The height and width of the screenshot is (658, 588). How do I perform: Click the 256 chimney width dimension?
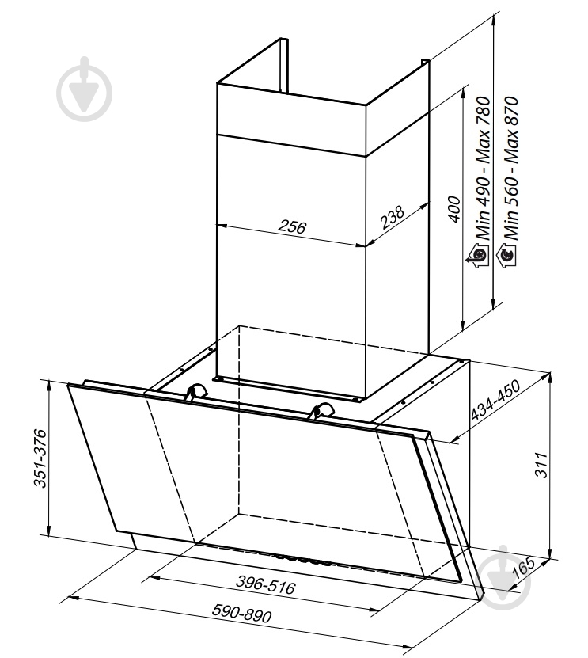(292, 226)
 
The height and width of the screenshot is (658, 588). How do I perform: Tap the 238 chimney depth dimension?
(393, 216)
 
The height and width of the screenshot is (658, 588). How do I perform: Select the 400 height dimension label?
(453, 209)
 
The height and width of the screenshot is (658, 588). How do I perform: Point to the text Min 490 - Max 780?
(483, 168)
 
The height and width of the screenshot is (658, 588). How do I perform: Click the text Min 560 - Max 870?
(511, 168)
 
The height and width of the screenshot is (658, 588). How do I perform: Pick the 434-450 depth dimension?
(495, 400)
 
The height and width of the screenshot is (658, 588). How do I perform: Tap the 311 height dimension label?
(541, 465)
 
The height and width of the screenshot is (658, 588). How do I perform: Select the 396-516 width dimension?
(265, 584)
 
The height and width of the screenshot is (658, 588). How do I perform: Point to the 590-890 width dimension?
(241, 613)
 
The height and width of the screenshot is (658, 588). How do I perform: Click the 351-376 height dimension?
(40, 458)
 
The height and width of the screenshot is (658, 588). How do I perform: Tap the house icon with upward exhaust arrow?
(477, 255)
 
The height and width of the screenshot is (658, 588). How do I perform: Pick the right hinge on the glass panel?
(321, 409)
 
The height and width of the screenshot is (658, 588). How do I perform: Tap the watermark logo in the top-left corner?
(85, 89)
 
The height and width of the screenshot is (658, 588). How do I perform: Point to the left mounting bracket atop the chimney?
(284, 65)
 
